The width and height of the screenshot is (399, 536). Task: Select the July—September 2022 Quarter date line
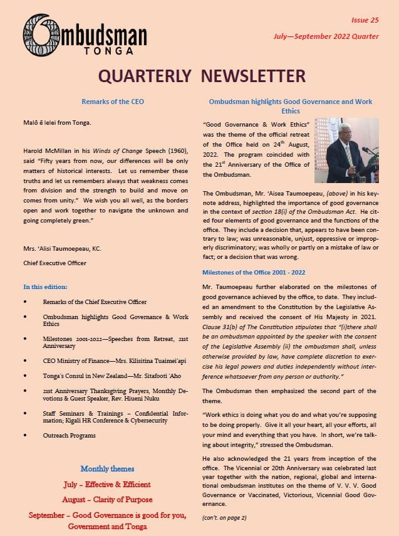(x=326, y=36)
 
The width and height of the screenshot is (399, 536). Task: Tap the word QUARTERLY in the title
(x=151, y=76)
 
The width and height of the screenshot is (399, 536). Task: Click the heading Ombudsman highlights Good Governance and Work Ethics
(x=290, y=106)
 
